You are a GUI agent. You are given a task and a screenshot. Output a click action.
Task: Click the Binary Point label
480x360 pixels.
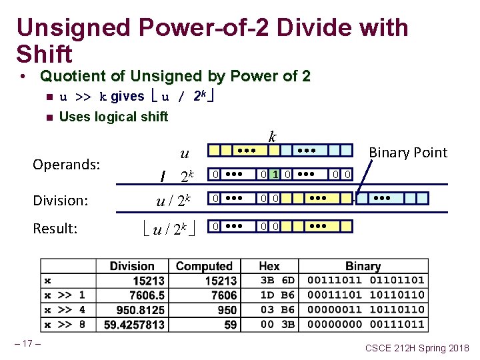click(408, 152)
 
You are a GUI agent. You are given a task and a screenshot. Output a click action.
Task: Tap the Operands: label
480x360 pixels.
click(66, 163)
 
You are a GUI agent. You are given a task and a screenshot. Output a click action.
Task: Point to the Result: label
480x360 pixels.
click(55, 229)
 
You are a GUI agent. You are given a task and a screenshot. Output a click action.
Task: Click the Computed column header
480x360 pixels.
click(204, 266)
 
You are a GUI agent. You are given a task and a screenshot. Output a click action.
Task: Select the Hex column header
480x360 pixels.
click(269, 266)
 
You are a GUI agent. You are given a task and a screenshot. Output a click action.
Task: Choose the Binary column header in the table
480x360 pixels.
click(363, 266)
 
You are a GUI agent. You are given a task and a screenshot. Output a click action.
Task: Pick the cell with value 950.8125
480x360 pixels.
click(140, 309)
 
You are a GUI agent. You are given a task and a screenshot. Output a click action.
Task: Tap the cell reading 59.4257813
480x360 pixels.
click(135, 325)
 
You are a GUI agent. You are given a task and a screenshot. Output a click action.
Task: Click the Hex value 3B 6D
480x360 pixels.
click(277, 280)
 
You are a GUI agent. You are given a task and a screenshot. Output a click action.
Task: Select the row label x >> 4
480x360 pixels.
click(65, 309)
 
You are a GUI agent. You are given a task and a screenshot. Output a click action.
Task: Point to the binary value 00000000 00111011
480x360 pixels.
click(365, 325)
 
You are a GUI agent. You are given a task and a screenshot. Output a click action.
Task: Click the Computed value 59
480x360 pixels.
click(230, 325)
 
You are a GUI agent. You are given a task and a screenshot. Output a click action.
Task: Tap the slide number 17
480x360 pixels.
click(28, 344)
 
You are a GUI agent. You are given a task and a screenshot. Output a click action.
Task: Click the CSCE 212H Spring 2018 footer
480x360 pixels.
click(417, 348)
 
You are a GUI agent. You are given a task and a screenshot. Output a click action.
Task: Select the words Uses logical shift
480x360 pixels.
click(113, 117)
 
